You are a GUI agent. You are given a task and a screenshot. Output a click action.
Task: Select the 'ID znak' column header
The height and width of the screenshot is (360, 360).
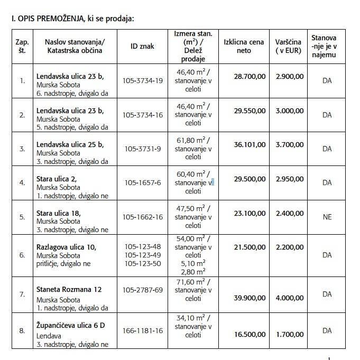coord(142,46)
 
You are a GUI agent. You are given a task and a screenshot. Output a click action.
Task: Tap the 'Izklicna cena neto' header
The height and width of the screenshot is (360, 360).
coord(244,46)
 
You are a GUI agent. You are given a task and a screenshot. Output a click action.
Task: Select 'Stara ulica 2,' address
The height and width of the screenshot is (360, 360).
coord(57,179)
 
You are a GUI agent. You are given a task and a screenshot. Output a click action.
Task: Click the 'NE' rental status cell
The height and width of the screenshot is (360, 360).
coord(327,217)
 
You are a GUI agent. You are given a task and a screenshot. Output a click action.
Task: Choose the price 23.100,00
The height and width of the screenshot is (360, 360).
coord(250,212)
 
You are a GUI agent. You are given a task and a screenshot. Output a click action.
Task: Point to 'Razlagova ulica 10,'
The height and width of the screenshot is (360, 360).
coord(66,247)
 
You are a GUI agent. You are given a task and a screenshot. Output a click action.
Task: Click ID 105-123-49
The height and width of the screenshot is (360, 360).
coord(142,255)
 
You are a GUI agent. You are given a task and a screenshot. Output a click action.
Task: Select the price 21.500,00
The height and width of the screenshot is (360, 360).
coord(250,247)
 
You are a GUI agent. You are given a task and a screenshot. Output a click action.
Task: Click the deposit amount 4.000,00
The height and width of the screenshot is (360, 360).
coord(289,298)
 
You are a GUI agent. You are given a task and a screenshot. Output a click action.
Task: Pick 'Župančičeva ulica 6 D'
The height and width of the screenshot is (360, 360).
coord(71,325)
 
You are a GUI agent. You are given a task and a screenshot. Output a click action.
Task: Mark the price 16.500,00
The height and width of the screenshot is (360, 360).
coord(250,334)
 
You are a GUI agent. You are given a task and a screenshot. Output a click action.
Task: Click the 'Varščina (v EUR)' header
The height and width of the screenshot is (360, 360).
coord(289,46)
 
